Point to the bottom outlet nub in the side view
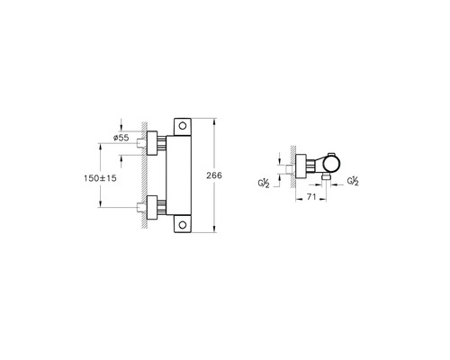click(327, 178)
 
